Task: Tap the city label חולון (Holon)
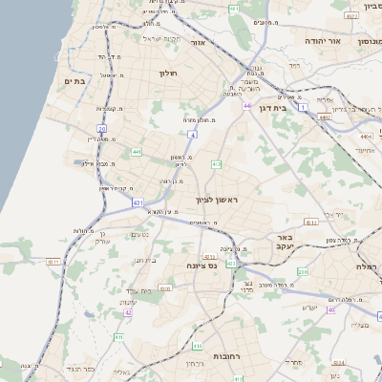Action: tap(167, 73)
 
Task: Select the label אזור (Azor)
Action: tap(199, 43)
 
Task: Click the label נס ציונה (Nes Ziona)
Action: tap(202, 265)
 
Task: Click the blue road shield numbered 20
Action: tap(102, 127)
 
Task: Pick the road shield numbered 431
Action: tap(138, 203)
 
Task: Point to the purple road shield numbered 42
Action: tap(128, 312)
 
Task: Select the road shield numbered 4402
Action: tap(325, 117)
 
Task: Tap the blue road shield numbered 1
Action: tap(303, 108)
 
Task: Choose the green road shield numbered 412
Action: tap(217, 164)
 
